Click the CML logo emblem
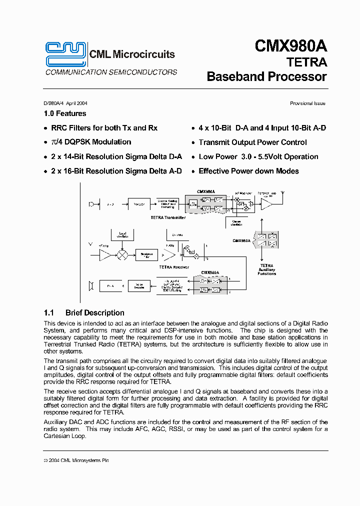[65, 53]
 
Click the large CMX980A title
[290, 46]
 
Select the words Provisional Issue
[307, 103]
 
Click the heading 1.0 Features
[65, 113]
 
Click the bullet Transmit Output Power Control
[253, 142]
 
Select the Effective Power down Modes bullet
[248, 171]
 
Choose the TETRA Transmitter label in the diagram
[168, 217]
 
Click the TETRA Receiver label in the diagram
[174, 267]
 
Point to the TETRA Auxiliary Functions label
[266, 270]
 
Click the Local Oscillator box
[122, 234]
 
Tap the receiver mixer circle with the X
[120, 254]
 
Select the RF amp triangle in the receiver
[105, 255]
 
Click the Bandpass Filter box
[146, 255]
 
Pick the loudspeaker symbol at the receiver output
[91, 286]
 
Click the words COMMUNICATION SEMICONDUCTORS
[111, 72]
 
